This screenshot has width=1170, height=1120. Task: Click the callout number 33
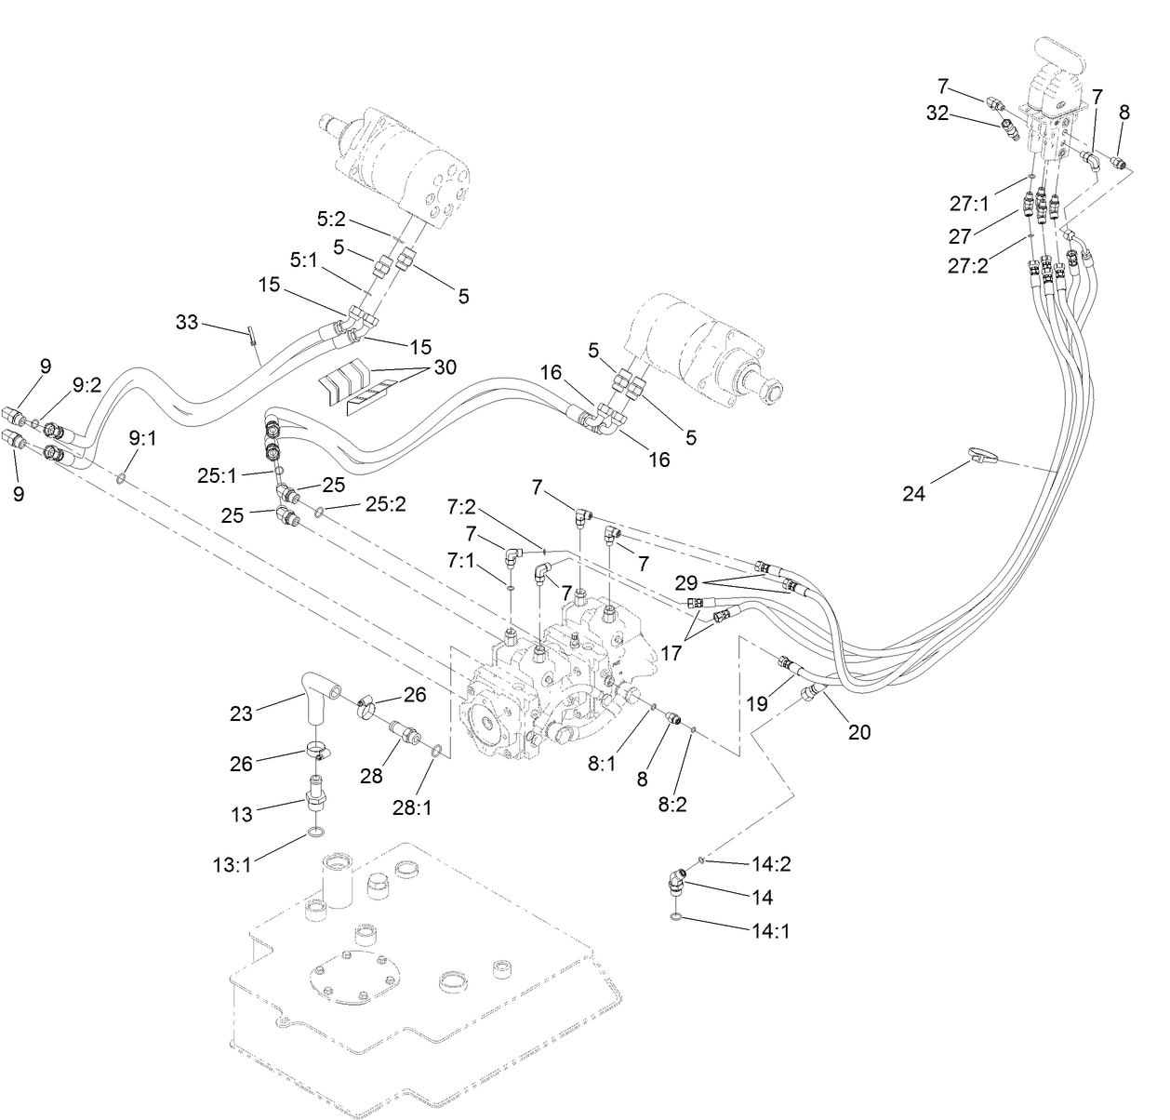(x=188, y=323)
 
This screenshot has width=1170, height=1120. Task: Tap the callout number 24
(x=914, y=493)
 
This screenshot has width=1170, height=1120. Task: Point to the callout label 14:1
(x=772, y=930)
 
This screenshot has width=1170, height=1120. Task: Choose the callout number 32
(x=937, y=113)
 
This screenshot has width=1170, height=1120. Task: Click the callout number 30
(x=445, y=367)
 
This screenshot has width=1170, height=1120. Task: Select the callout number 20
(x=859, y=732)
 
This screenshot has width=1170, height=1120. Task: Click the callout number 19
(x=757, y=703)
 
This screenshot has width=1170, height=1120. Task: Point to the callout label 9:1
(x=138, y=437)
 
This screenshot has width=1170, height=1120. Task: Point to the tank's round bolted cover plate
(x=356, y=975)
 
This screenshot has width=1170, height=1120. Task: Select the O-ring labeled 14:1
(x=676, y=919)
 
